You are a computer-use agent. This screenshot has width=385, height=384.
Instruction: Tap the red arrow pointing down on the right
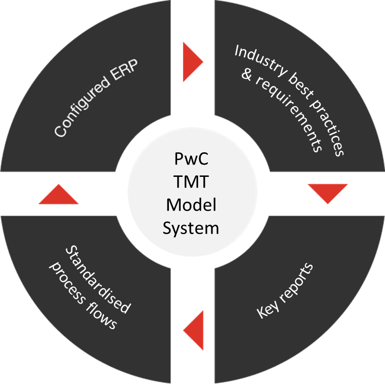328,192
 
